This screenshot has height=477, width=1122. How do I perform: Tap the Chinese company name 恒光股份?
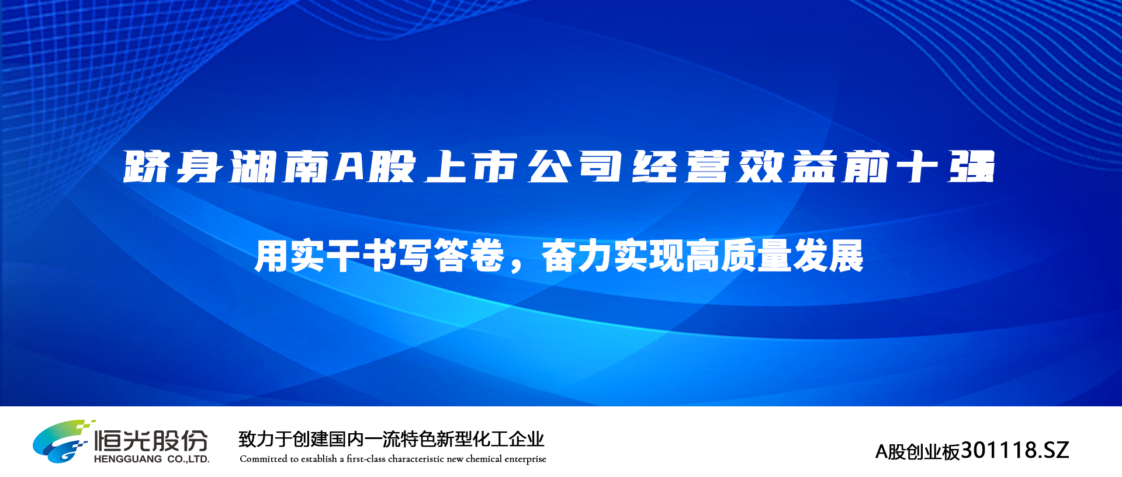click(x=151, y=441)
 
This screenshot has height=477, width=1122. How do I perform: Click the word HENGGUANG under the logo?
click(x=128, y=459)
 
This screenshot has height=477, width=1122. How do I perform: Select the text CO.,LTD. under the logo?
click(x=188, y=459)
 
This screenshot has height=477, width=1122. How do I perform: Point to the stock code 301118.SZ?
click(x=1015, y=450)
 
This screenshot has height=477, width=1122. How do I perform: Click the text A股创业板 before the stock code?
click(x=918, y=452)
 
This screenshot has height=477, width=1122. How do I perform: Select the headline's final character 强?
click(x=971, y=167)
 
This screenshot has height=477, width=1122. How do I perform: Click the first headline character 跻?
click(x=146, y=167)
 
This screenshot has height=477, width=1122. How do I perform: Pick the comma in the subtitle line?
click(x=516, y=266)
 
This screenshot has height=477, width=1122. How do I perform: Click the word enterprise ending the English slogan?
click(x=525, y=459)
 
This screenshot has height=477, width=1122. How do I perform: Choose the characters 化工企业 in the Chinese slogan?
click(x=508, y=439)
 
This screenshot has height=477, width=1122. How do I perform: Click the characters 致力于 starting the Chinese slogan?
click(x=265, y=439)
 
